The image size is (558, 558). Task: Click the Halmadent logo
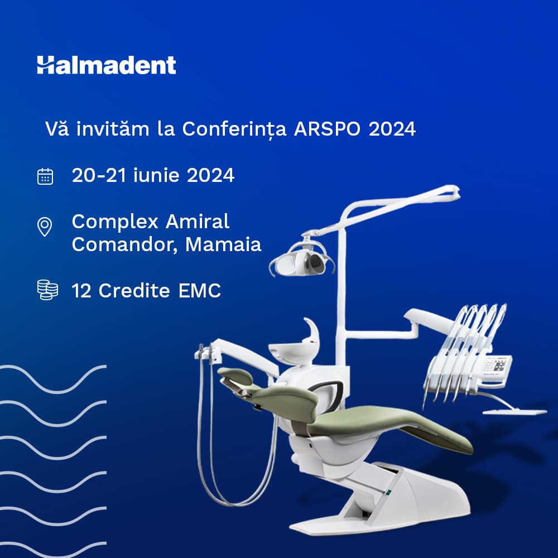pyautogui.click(x=107, y=65)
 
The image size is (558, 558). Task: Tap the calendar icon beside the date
pyautogui.click(x=45, y=176)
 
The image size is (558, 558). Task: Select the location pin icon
pyautogui.click(x=45, y=227)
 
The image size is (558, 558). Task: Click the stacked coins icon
pyautogui.click(x=47, y=290)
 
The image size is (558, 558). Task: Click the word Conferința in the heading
pyautogui.click(x=234, y=129)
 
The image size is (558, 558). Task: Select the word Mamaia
pyautogui.click(x=223, y=244)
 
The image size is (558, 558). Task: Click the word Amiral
pyautogui.click(x=197, y=222)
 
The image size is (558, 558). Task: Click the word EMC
pyautogui.click(x=199, y=290)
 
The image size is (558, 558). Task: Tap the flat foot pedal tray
pyautogui.click(x=514, y=412)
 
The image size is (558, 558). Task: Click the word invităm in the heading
pyautogui.click(x=113, y=128)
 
